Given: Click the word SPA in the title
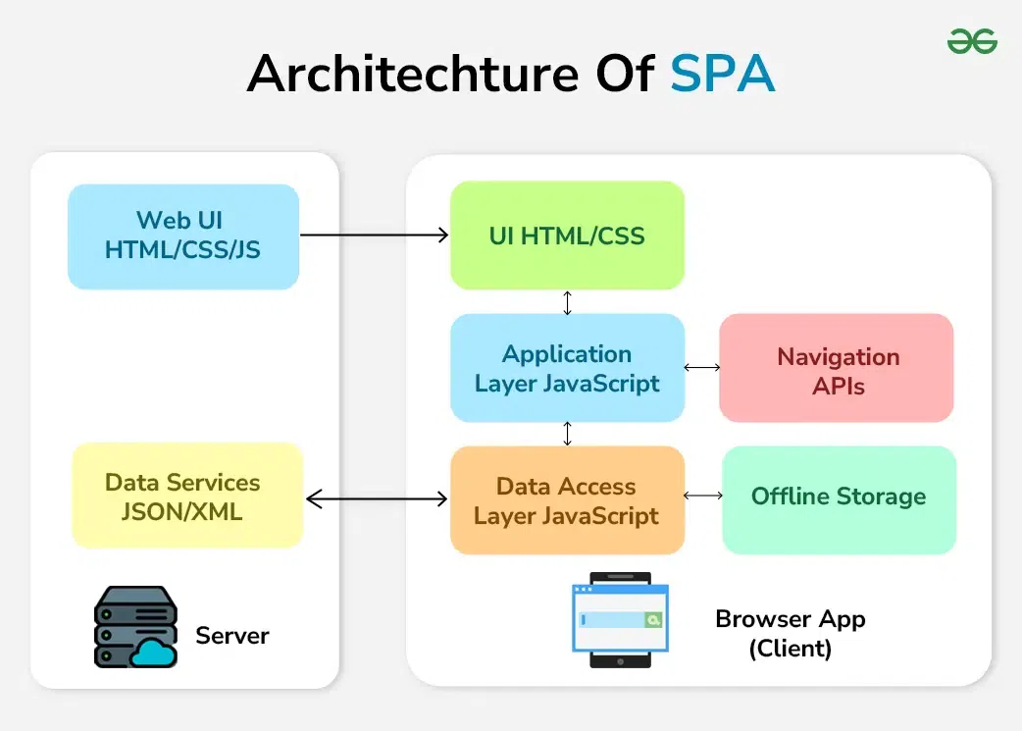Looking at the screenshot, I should [723, 75].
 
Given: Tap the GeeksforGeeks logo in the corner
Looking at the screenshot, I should [971, 41].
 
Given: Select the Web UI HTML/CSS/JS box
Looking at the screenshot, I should [183, 235].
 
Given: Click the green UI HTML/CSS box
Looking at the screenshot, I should [567, 235].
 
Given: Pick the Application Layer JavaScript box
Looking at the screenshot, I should [567, 368].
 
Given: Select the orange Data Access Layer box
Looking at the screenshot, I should [567, 500].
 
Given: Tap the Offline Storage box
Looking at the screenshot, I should [839, 496].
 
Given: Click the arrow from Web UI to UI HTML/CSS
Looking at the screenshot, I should [374, 235].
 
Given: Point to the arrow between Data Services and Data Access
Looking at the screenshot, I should [377, 499].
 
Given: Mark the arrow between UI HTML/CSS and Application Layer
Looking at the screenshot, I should [567, 302].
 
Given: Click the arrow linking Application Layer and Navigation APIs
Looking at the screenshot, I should [701, 367].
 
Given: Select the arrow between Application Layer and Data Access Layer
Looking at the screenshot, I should [567, 434].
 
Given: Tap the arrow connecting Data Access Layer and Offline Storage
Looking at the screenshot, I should [702, 496].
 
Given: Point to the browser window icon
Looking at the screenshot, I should [620, 619].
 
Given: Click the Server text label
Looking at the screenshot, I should [232, 635].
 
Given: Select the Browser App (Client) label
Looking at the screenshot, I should [791, 634].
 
